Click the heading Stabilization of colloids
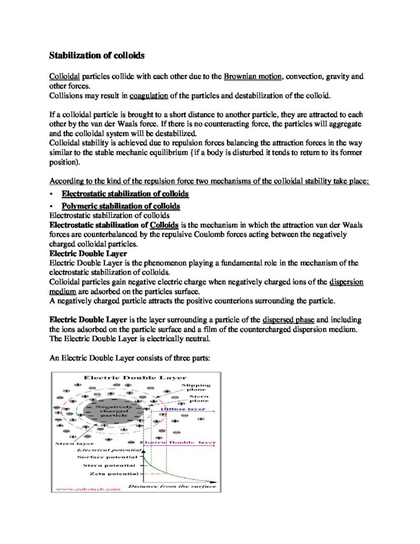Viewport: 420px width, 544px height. point(97,55)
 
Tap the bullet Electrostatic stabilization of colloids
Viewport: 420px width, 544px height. point(125,194)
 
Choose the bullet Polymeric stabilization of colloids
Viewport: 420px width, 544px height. point(121,206)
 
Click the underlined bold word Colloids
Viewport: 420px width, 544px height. point(165,225)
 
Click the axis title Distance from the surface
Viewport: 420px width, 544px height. point(173,486)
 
